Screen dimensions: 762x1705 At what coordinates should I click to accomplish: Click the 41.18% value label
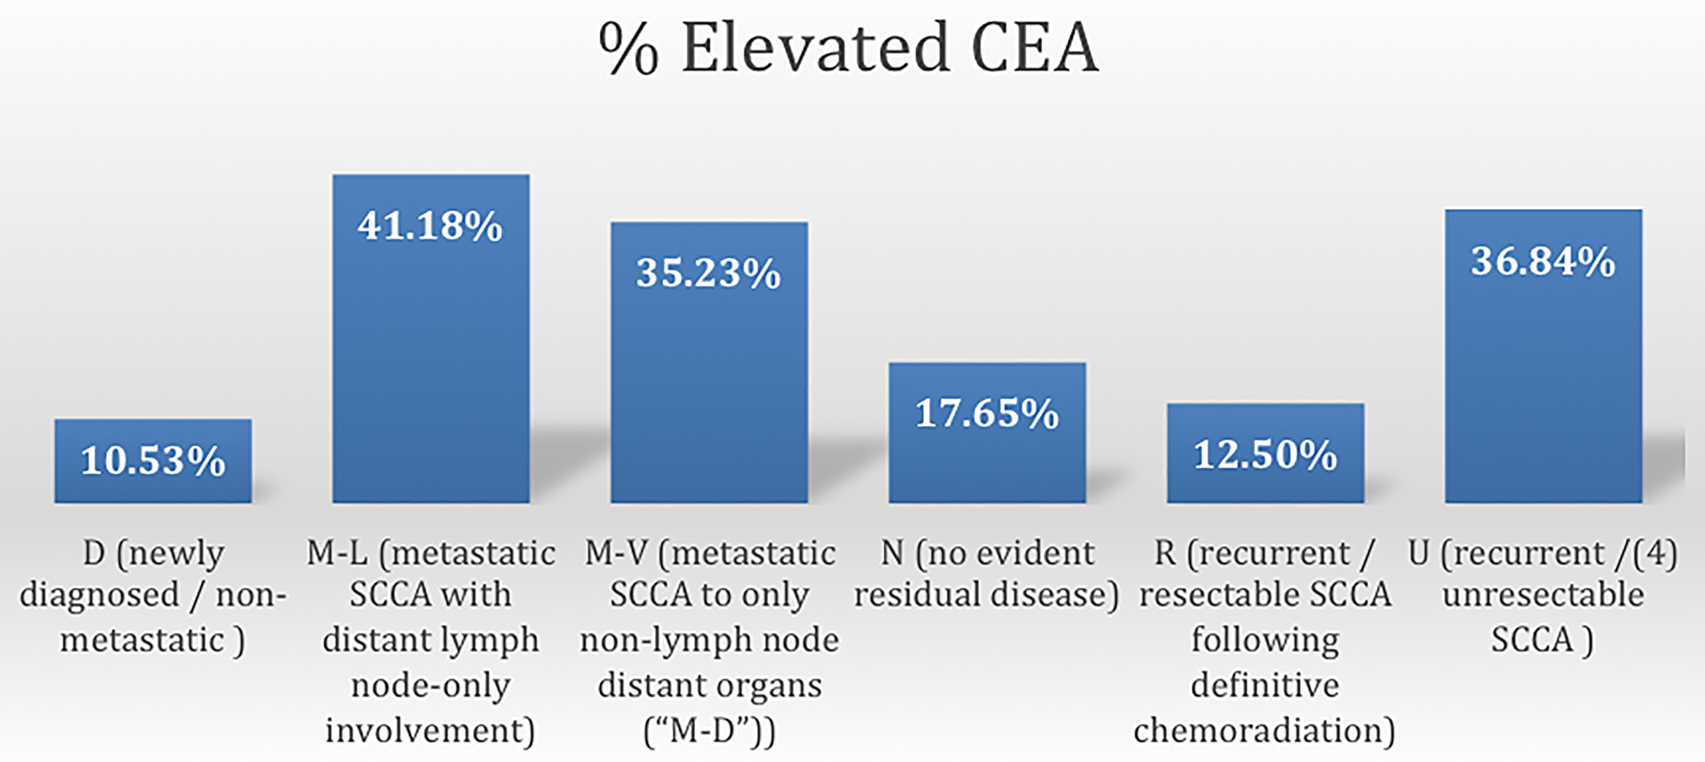pyautogui.click(x=430, y=226)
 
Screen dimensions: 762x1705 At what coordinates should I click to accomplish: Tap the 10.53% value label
pyautogui.click(x=153, y=460)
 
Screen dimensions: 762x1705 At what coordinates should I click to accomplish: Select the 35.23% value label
pyautogui.click(x=708, y=274)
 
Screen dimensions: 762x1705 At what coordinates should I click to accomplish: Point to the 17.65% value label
pyautogui.click(x=986, y=413)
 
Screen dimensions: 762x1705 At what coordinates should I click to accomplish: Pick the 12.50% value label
pyautogui.click(x=1265, y=454)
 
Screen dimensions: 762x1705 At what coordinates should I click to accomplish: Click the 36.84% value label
pyautogui.click(x=1543, y=261)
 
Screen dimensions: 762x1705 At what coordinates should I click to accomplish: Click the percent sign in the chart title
pyautogui.click(x=628, y=49)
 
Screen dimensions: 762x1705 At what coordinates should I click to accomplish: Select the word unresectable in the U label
pyautogui.click(x=1543, y=595)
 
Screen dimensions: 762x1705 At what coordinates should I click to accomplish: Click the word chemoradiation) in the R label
pyautogui.click(x=1264, y=730)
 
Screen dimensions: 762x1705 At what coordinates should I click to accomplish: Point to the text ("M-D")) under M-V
pyautogui.click(x=709, y=731)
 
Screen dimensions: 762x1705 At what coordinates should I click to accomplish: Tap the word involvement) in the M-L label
pyautogui.click(x=431, y=730)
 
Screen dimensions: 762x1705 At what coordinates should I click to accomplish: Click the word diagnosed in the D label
pyautogui.click(x=100, y=596)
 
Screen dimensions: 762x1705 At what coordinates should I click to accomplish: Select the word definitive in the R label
pyautogui.click(x=1265, y=685)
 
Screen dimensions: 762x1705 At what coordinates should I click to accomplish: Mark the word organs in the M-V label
pyautogui.click(x=771, y=685)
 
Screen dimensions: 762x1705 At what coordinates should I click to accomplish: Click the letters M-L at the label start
pyautogui.click(x=338, y=554)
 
